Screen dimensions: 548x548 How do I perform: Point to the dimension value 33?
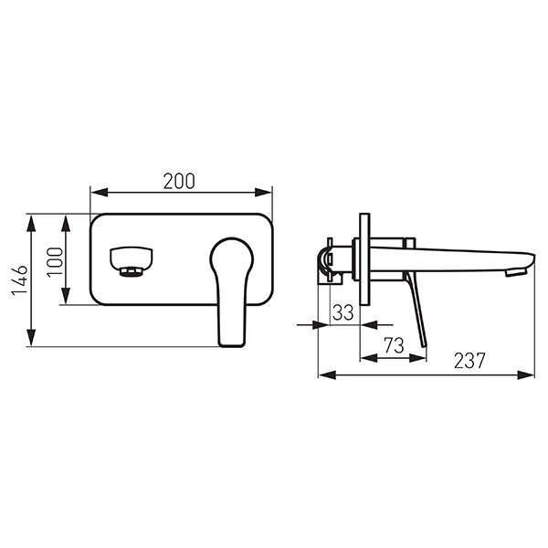coord(342,311)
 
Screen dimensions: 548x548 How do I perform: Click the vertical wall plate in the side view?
coord(365,260)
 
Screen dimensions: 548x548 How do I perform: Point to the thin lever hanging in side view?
coord(416,311)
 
